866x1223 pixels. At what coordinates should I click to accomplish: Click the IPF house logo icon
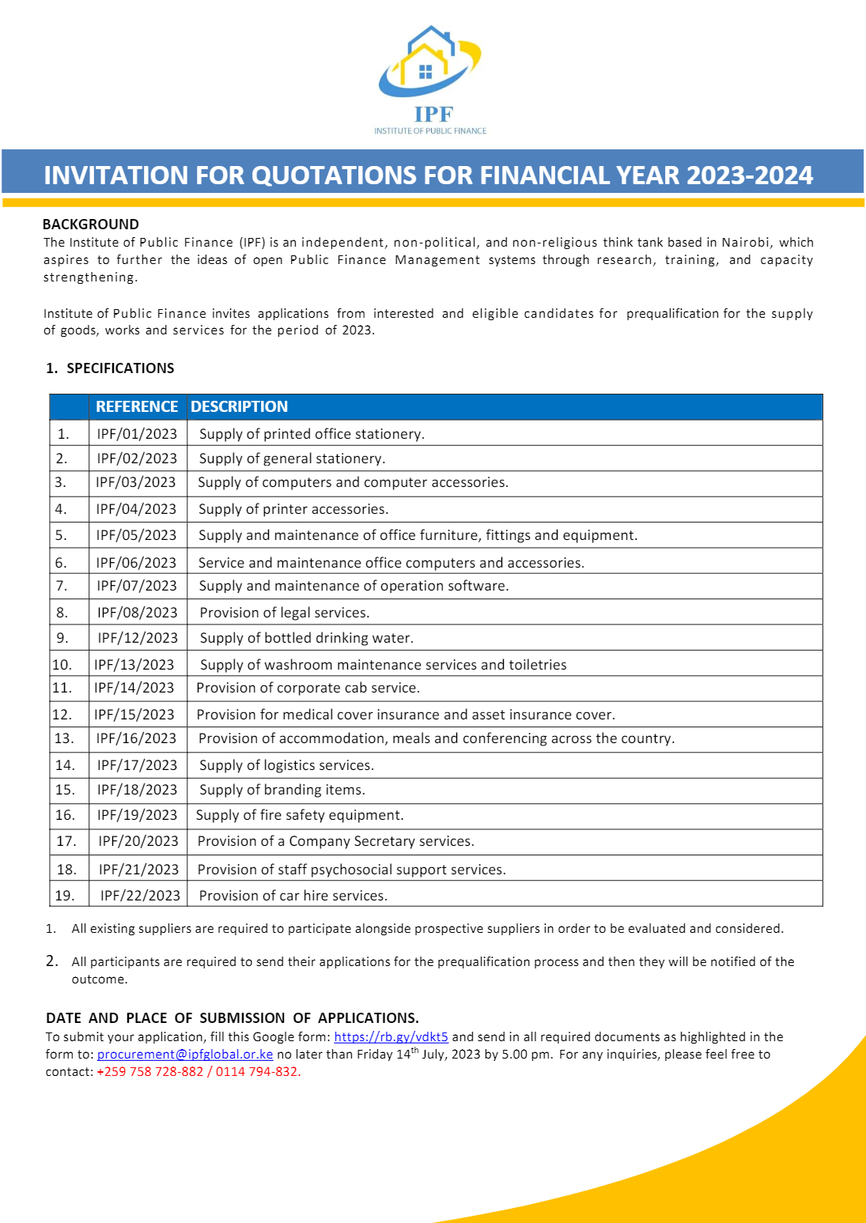point(429,62)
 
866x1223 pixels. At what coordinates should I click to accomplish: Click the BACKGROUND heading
point(91,225)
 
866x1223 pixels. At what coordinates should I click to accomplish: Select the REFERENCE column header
point(137,406)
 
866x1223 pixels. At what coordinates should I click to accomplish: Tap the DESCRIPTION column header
point(239,406)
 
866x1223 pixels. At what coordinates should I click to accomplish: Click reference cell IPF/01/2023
point(137,434)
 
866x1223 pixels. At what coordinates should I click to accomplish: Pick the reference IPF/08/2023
point(137,613)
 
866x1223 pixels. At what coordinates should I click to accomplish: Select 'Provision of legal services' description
point(284,613)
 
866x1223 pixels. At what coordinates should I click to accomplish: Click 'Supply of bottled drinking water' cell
point(306,638)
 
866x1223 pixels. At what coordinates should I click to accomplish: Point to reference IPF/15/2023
point(134,715)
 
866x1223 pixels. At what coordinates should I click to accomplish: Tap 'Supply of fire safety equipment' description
point(300,815)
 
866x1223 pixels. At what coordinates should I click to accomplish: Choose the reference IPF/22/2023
point(140,896)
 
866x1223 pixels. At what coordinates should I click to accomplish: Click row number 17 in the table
point(66,841)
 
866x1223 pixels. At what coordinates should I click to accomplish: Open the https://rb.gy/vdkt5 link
point(391,1037)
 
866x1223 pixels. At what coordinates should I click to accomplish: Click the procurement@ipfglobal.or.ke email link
point(185,1055)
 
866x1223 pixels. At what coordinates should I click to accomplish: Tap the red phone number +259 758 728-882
point(150,1072)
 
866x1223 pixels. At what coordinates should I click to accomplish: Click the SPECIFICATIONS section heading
point(119,368)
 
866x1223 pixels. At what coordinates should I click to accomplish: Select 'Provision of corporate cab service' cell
point(308,688)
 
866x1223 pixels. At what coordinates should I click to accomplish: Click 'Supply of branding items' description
point(282,790)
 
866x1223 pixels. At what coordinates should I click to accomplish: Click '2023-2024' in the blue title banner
point(749,176)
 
